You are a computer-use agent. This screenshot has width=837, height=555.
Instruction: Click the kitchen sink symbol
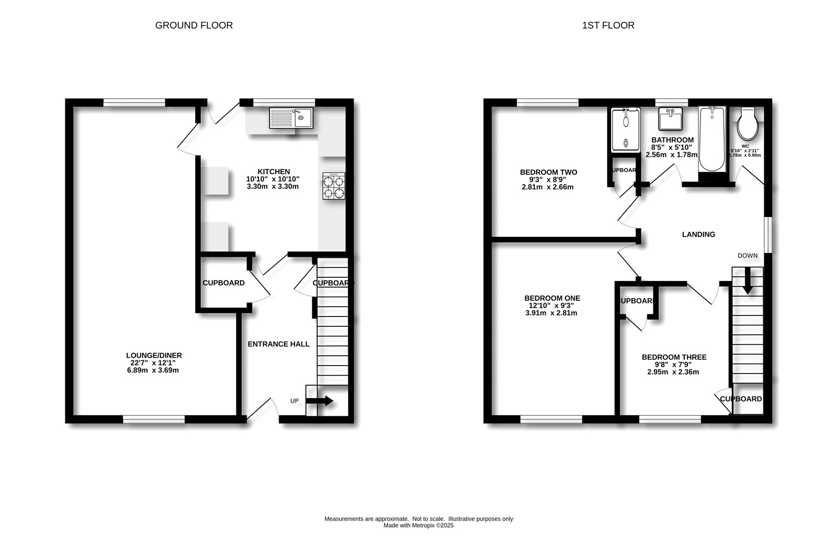290,118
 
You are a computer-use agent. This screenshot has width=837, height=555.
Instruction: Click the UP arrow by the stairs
319,401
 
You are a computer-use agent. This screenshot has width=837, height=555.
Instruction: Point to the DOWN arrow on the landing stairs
747,280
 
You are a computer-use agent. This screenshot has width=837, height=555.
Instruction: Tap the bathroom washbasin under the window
670,119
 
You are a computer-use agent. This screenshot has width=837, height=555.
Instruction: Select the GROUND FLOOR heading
194,25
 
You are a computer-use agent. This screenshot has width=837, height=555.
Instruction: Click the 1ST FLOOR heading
608,25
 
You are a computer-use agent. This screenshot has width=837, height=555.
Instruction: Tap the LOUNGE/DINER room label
156,355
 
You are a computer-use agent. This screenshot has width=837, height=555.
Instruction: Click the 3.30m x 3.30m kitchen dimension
273,186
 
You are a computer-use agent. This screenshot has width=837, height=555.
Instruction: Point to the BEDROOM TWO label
548,172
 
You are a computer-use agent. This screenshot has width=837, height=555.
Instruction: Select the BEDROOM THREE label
674,357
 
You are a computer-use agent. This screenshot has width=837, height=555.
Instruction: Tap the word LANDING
698,234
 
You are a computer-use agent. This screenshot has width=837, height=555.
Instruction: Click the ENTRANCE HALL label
278,344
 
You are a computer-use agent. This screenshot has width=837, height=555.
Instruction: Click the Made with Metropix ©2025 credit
418,526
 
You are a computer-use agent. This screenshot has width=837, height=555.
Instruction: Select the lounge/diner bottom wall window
154,419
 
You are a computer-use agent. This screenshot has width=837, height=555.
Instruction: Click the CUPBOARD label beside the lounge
223,283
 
